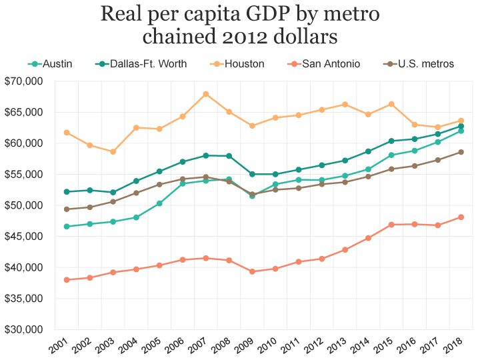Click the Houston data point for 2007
tap(205, 94)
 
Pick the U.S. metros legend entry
tap(419, 64)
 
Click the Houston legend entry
tap(239, 64)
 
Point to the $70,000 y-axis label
tap(23, 81)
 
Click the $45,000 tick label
tap(23, 237)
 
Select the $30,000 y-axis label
tap(23, 329)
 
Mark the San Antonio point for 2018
tap(461, 217)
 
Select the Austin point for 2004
tap(136, 217)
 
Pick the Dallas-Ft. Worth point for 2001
tap(67, 192)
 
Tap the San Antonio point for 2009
tap(252, 271)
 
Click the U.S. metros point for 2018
tap(461, 152)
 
